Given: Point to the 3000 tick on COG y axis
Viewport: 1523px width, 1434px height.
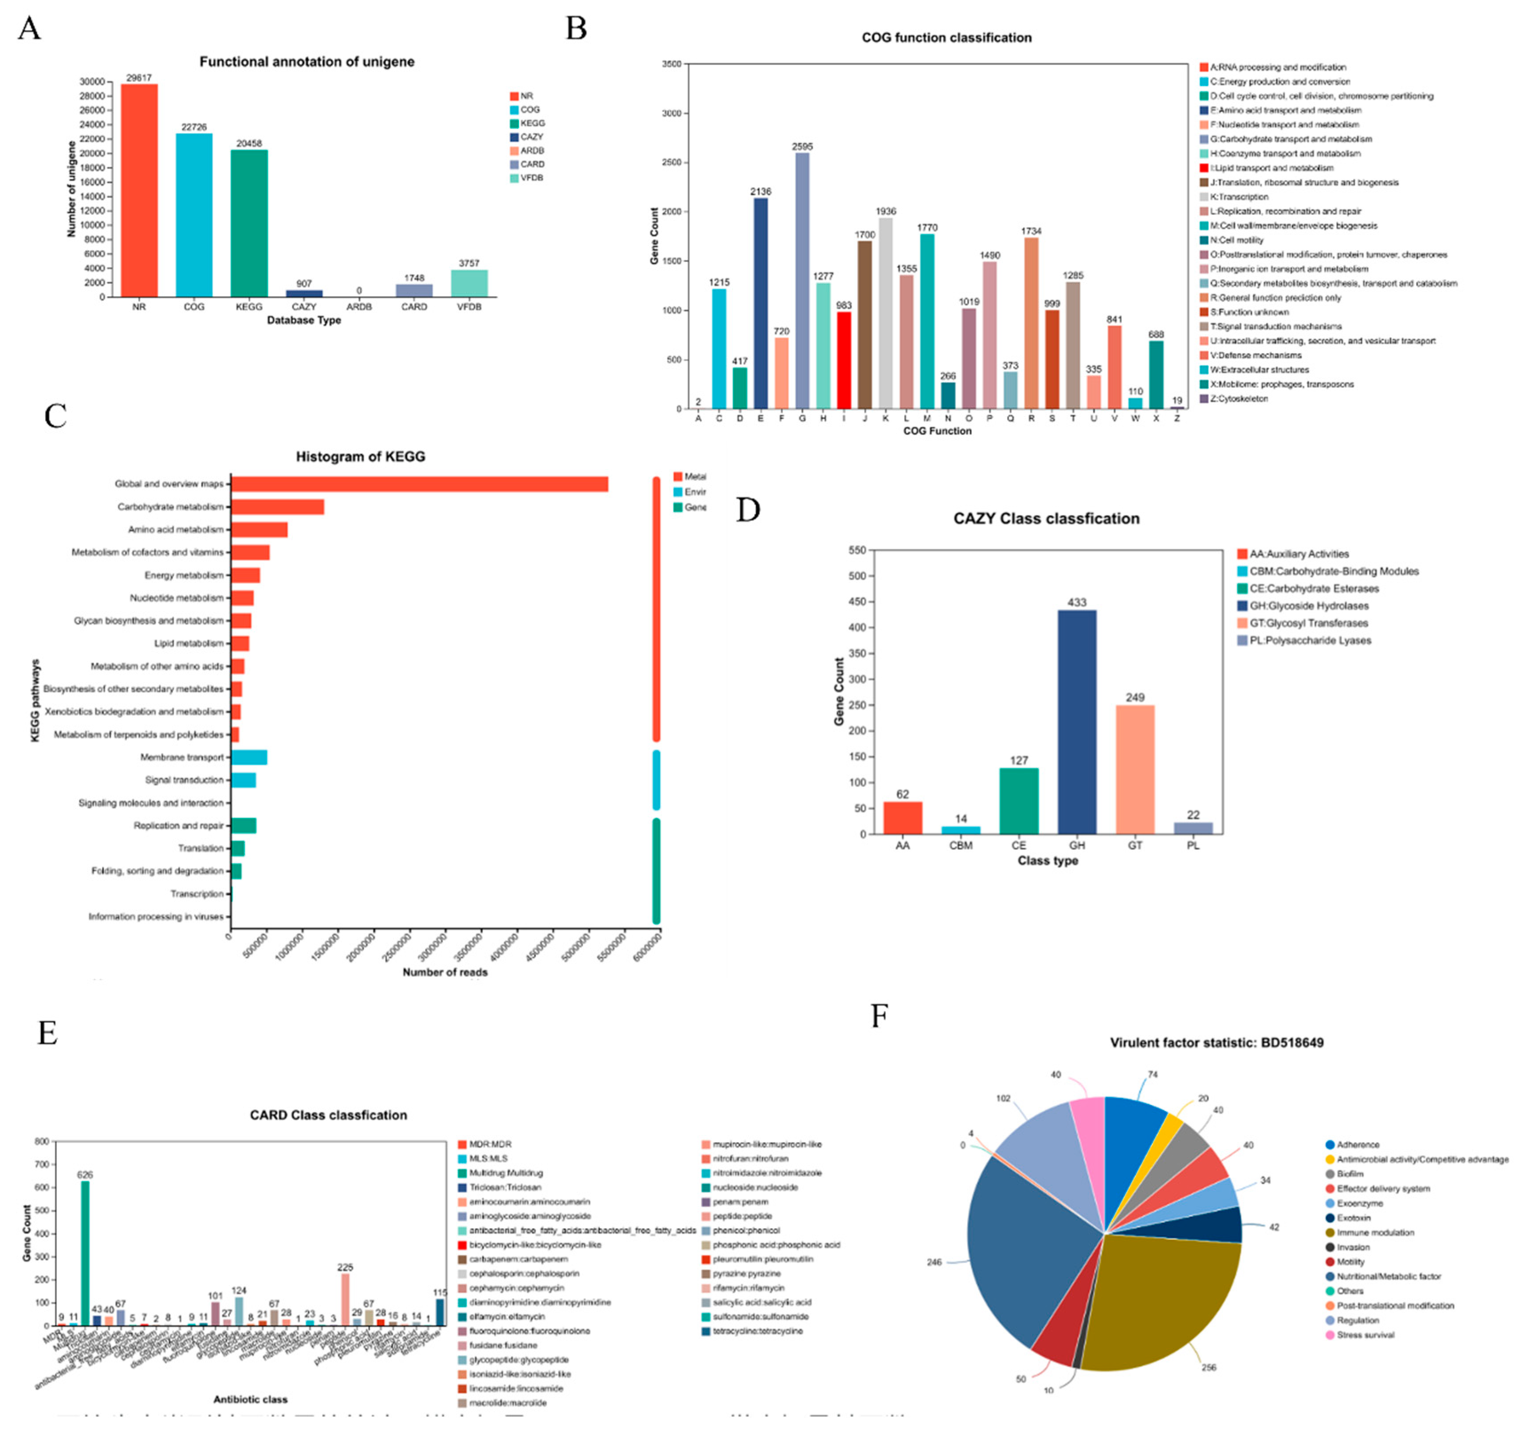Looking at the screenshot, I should pos(671,114).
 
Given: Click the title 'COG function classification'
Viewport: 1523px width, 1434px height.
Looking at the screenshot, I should pos(946,38).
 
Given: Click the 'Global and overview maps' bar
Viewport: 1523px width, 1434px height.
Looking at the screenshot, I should pos(419,484).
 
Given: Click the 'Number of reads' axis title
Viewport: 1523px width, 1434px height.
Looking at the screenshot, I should pos(445,972).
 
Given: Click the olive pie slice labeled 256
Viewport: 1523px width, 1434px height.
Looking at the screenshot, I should pos(1157,1302).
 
